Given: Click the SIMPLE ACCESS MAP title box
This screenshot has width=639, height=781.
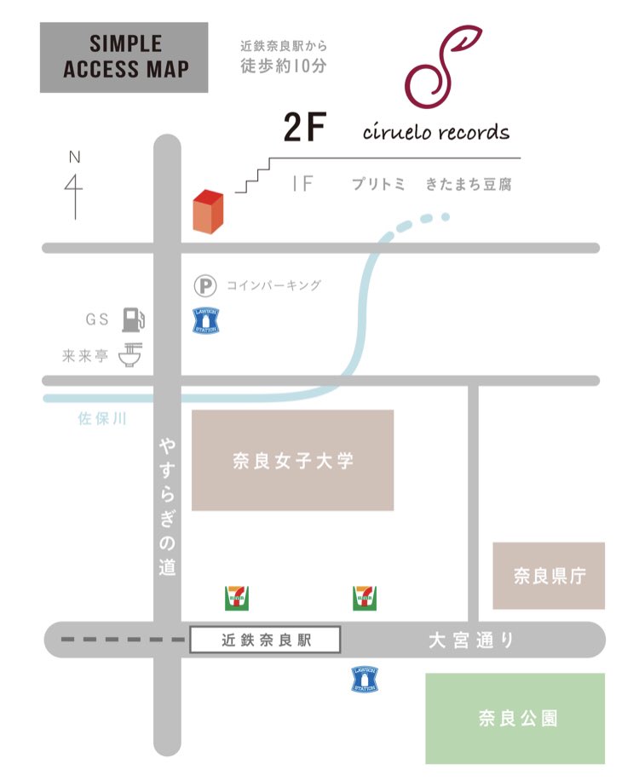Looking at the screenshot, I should (x=124, y=57).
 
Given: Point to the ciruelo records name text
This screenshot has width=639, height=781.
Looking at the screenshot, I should (x=436, y=132).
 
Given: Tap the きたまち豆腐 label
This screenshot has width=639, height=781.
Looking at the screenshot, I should (x=469, y=184).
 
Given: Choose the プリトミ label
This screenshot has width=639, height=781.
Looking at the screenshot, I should (x=379, y=184).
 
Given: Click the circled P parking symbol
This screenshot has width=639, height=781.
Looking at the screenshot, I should (x=205, y=285).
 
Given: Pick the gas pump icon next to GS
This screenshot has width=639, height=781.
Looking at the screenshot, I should (x=132, y=319).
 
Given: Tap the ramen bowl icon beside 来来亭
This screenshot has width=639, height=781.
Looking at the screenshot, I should (x=130, y=355).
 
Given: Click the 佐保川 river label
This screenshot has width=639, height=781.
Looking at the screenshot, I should (x=99, y=418).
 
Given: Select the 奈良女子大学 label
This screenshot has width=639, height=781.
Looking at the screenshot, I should (x=292, y=461).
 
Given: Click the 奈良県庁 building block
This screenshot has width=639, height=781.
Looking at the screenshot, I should (x=549, y=576).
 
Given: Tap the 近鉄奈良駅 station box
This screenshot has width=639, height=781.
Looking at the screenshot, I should (x=264, y=640).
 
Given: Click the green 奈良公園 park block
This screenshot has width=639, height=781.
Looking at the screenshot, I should (x=515, y=718).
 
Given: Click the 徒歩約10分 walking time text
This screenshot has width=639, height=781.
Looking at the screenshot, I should (x=284, y=65).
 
